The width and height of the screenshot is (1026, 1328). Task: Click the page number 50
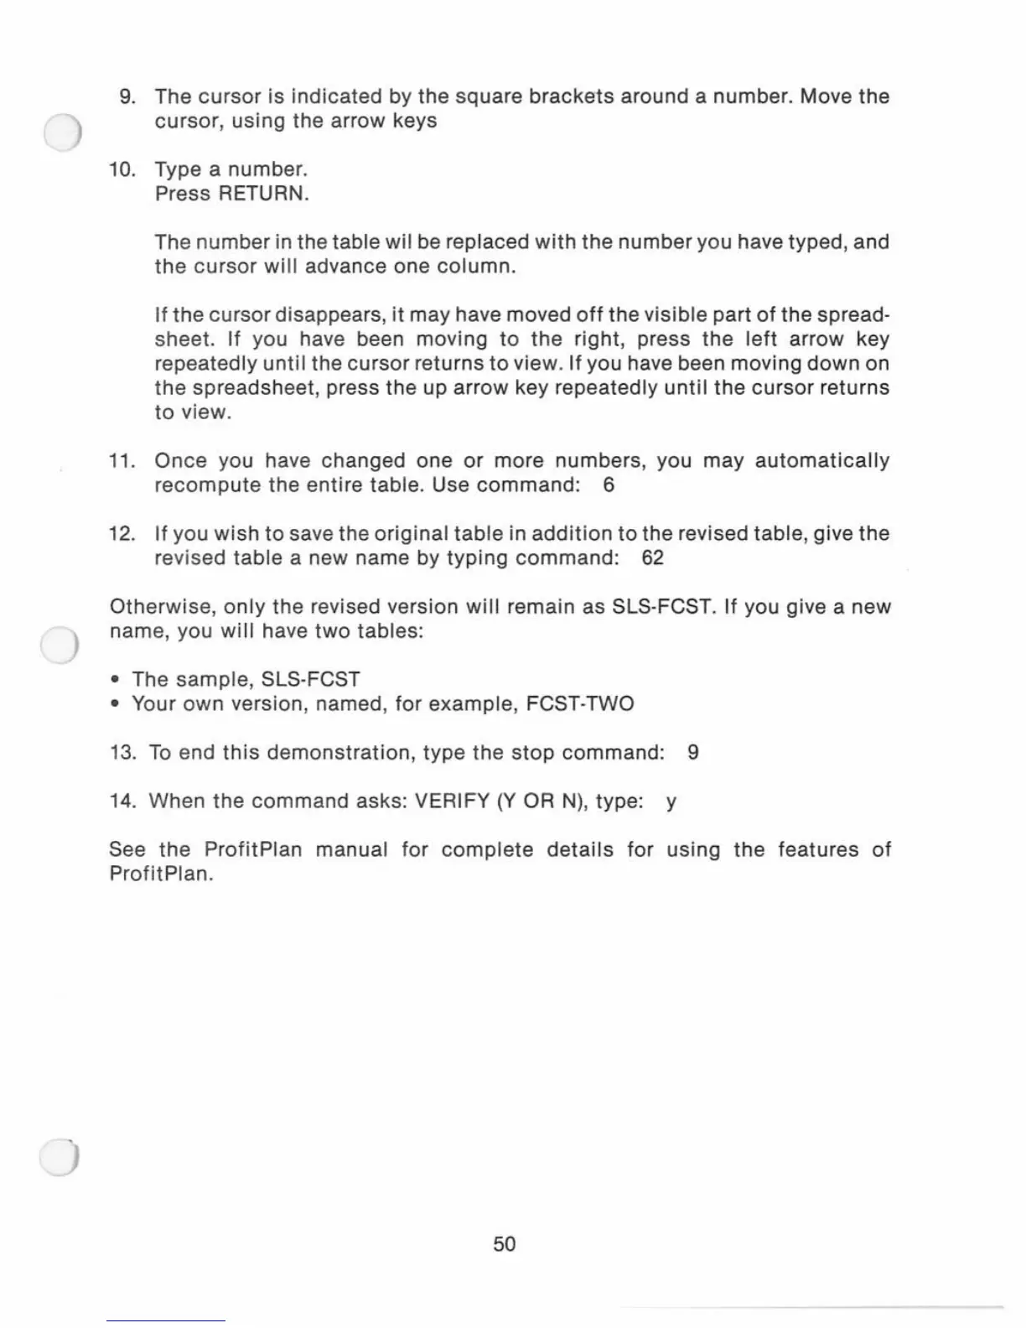pyautogui.click(x=505, y=1244)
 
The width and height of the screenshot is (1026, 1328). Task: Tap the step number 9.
pyautogui.click(x=127, y=96)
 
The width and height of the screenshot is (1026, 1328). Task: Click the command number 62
pyautogui.click(x=652, y=558)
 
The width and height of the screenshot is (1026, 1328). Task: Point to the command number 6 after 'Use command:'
pyautogui.click(x=609, y=485)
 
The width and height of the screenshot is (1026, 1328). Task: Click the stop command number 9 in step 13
pyautogui.click(x=692, y=753)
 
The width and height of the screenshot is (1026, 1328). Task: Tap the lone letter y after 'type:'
pyautogui.click(x=671, y=802)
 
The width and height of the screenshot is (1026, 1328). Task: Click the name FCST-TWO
pyautogui.click(x=579, y=703)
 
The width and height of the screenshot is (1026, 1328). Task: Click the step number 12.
pyautogui.click(x=122, y=534)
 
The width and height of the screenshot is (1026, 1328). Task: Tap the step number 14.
pyautogui.click(x=122, y=801)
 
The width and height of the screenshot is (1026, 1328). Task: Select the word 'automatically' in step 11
pyautogui.click(x=821, y=461)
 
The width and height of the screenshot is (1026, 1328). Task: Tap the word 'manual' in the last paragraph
pyautogui.click(x=351, y=850)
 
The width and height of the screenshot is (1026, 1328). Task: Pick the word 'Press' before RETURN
pyautogui.click(x=183, y=194)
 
